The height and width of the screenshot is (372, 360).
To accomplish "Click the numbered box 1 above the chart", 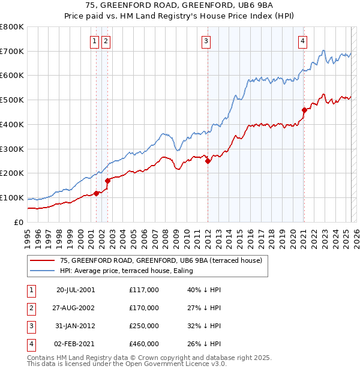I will point(95,41).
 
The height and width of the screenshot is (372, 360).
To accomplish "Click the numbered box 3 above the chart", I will point(206,41).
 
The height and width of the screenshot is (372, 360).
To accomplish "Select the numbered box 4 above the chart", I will point(302,41).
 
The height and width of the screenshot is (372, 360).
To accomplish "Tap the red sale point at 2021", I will point(304,110).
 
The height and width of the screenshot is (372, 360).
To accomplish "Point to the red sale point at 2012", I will point(208,161).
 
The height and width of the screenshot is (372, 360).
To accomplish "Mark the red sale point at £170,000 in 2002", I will point(107,181).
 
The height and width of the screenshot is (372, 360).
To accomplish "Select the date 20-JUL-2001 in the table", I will point(76,290).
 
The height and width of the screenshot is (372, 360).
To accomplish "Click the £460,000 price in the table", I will point(144,344).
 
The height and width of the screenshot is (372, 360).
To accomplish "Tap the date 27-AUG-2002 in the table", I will point(76,308).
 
